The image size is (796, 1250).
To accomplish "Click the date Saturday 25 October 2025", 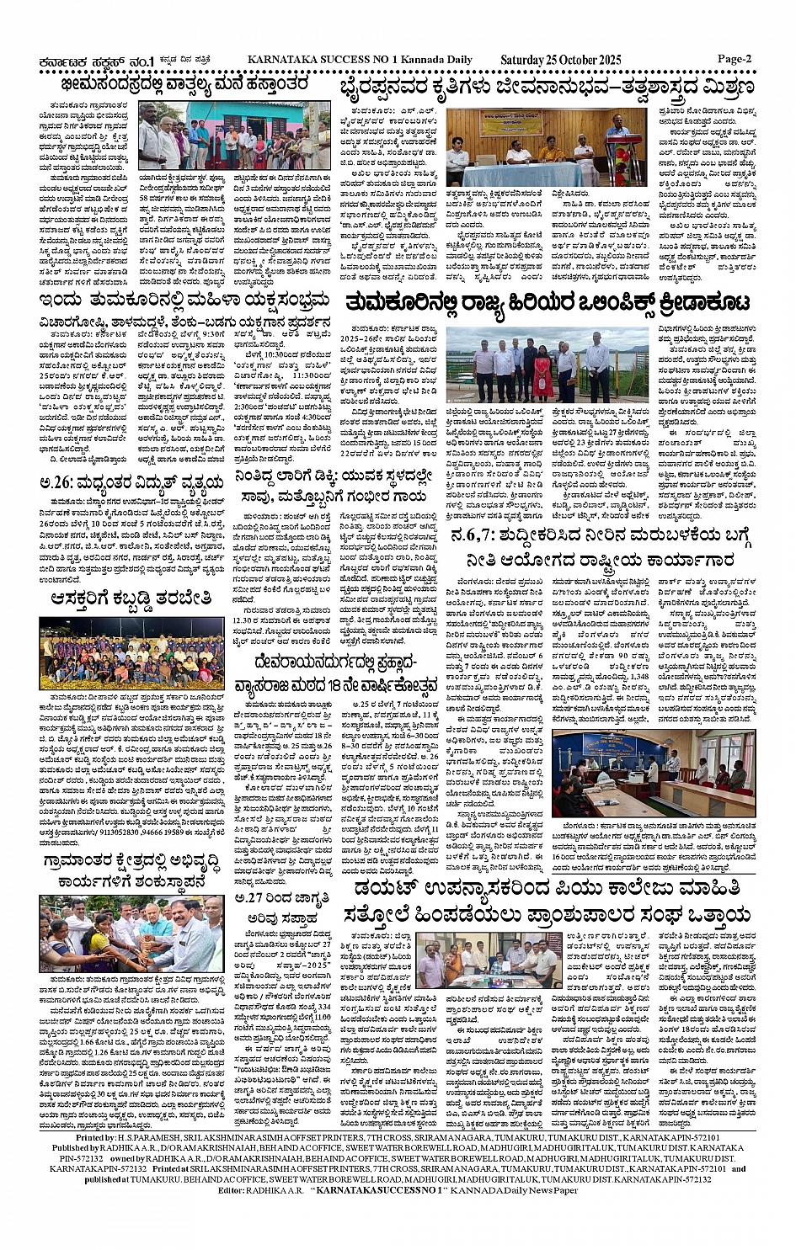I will click(x=560, y=60).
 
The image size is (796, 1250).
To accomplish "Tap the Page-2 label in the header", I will click(x=734, y=59).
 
